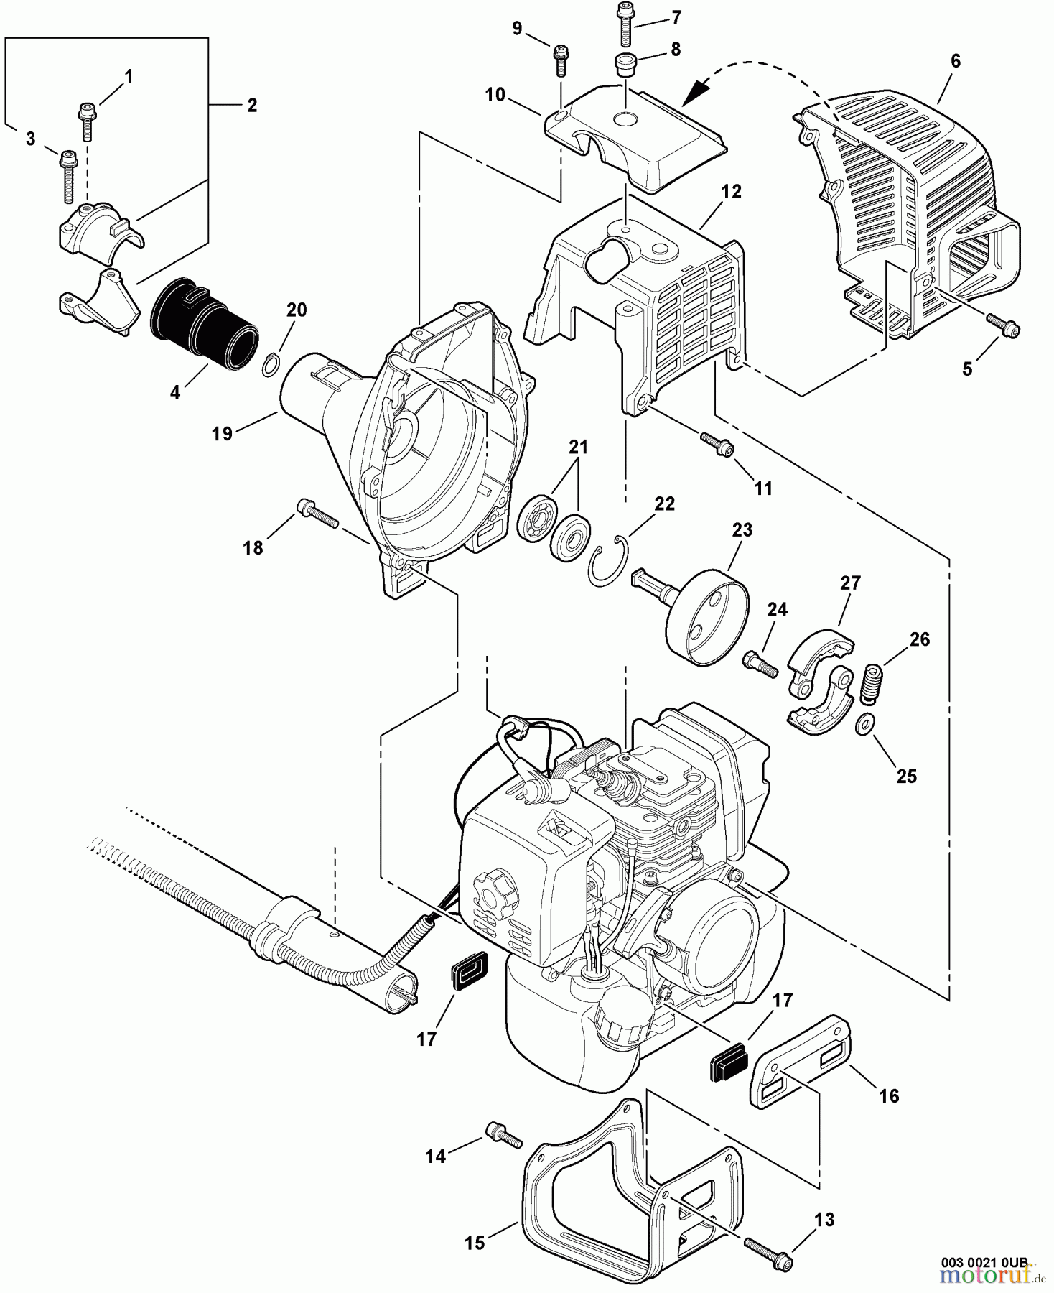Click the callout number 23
pos(742,530)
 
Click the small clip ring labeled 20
pos(270,365)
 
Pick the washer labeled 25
pos(865,725)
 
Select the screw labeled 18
pos(316,514)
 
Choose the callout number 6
pos(955,61)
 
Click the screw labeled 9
pos(560,59)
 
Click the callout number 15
pos(475,1242)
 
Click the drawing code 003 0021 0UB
pos(987,1261)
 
